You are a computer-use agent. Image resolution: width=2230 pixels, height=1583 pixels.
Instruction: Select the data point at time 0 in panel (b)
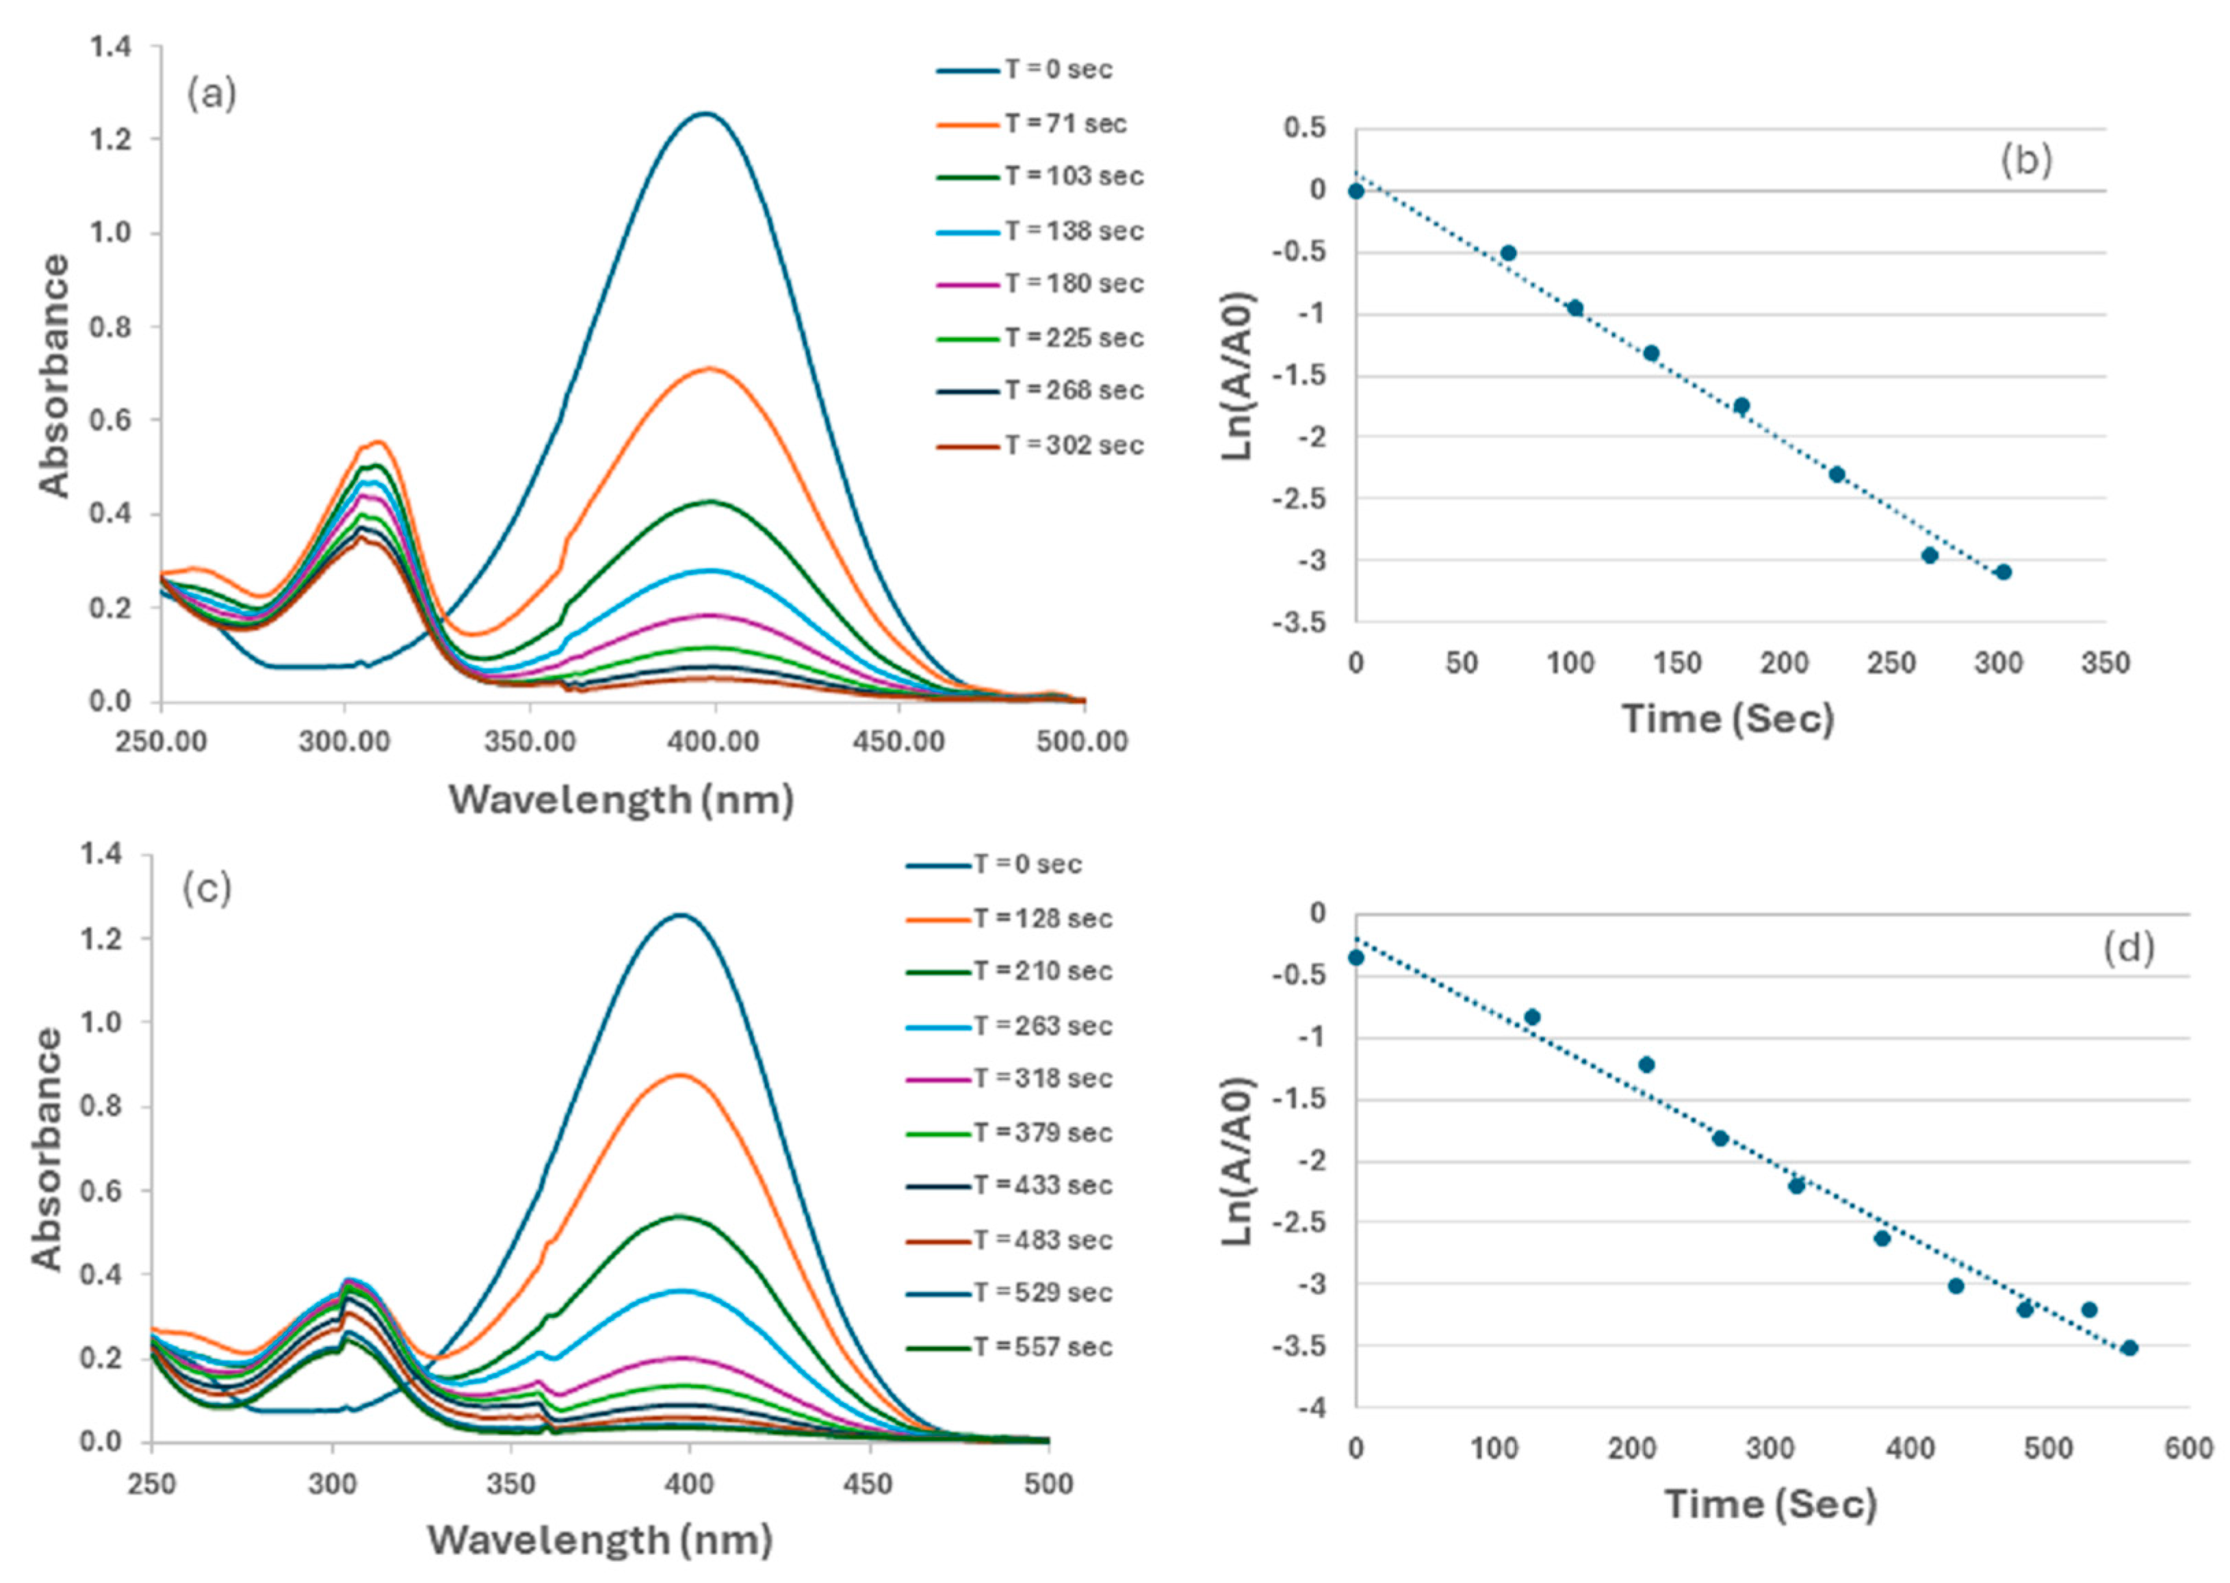[1356, 191]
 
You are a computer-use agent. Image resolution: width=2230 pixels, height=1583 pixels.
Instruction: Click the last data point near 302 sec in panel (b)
[2003, 572]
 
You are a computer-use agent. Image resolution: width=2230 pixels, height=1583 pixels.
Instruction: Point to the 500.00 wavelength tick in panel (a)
[1082, 742]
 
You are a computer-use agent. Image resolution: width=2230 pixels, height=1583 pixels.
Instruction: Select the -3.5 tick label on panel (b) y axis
[1299, 622]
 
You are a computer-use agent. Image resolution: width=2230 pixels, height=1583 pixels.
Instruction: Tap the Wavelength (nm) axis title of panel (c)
[600, 1539]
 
